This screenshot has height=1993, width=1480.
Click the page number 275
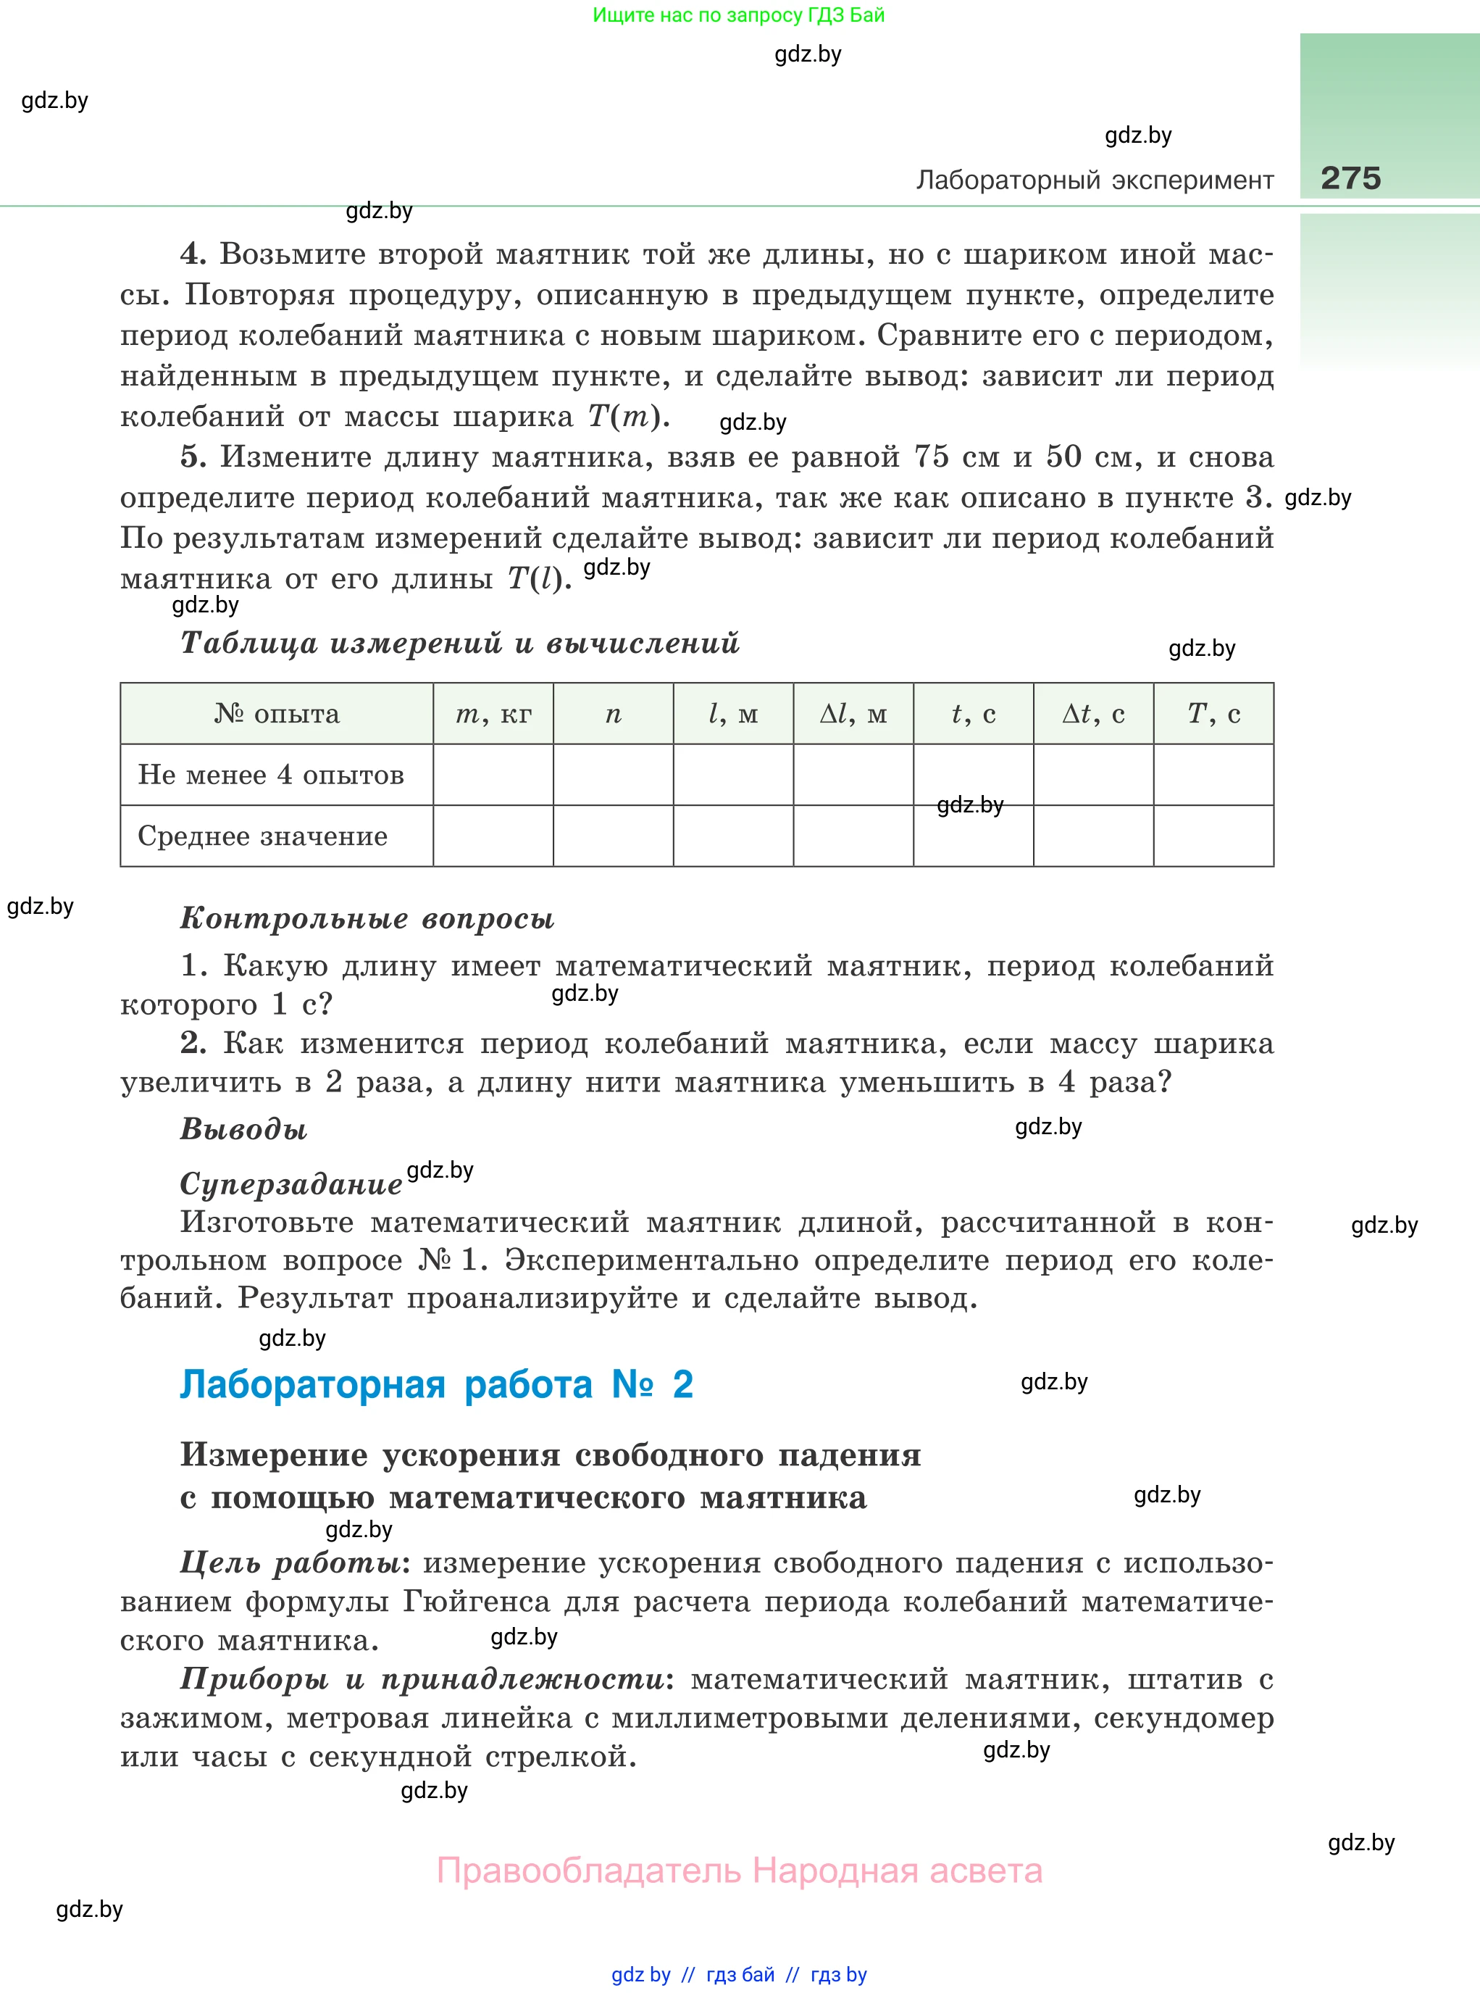coord(1350,178)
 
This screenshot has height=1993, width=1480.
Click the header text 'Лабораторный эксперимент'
coord(1094,180)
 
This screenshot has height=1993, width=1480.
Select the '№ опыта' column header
coord(277,714)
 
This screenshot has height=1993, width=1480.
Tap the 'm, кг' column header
coord(493,714)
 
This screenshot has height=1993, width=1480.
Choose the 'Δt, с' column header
coord(1093,714)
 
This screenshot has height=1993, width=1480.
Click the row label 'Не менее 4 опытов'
coord(270,775)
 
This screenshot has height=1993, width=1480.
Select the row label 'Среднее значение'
coord(262,836)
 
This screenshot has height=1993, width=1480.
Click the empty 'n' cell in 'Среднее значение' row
coord(613,836)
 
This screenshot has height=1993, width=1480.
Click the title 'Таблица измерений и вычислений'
coord(459,643)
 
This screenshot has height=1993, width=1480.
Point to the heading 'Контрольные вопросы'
coord(367,918)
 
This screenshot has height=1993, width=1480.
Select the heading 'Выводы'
coord(243,1129)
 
